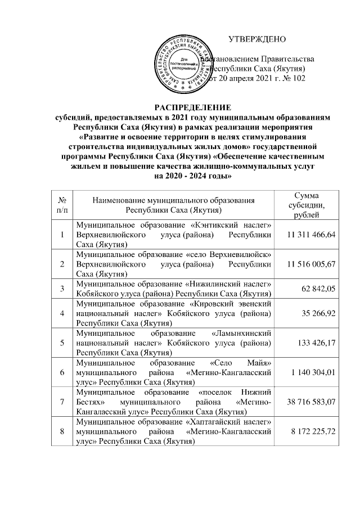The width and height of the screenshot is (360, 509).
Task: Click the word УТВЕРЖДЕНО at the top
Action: click(x=257, y=39)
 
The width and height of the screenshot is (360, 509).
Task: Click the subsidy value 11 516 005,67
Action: click(x=309, y=264)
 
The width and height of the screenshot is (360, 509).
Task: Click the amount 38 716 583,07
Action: click(x=309, y=403)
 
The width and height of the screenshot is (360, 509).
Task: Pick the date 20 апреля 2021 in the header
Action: click(x=245, y=79)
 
